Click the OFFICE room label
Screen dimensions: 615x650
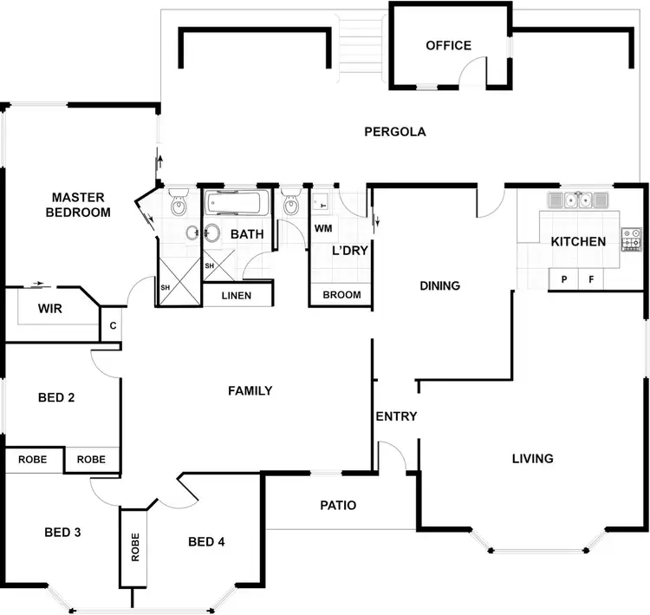coord(448,46)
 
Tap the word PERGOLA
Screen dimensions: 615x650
coord(395,133)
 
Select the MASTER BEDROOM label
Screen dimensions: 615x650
coord(78,205)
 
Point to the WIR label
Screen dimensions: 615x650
coord(49,309)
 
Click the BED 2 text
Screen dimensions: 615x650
coord(56,398)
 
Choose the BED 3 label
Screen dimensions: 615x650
coord(62,532)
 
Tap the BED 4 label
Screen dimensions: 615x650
coord(206,542)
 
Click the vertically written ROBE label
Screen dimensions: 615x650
coord(135,547)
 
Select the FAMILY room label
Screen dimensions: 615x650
coord(250,391)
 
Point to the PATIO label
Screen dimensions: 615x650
coord(338,505)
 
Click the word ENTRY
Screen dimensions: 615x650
coord(396,416)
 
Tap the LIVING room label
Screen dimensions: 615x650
coord(532,458)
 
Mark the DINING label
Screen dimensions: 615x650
coord(439,285)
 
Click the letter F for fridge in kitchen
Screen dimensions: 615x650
coord(591,279)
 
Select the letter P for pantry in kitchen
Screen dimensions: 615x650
coord(564,279)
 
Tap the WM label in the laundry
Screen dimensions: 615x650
coord(323,229)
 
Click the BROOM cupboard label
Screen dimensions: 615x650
coord(341,295)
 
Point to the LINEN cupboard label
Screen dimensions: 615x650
coord(237,296)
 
